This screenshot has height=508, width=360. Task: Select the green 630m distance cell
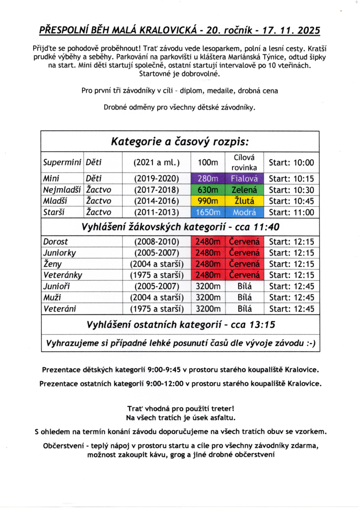(208, 190)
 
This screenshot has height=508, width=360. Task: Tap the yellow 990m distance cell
(208, 201)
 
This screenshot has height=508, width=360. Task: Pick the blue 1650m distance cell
(208, 212)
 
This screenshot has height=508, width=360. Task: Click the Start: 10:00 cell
(291, 162)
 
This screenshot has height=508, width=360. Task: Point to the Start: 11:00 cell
(291, 212)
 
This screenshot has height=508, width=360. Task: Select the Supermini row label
(62, 162)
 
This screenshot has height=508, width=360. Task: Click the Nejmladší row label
(62, 190)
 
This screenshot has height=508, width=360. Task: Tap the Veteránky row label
(63, 275)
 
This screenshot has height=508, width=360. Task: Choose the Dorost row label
(56, 242)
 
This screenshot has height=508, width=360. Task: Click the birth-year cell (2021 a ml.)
(156, 162)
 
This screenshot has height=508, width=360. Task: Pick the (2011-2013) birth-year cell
(156, 212)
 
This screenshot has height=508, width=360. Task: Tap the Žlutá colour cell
(244, 201)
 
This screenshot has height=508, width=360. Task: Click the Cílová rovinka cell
(244, 162)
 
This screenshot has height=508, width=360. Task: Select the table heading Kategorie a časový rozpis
(180, 141)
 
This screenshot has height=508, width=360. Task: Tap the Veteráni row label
(60, 309)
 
